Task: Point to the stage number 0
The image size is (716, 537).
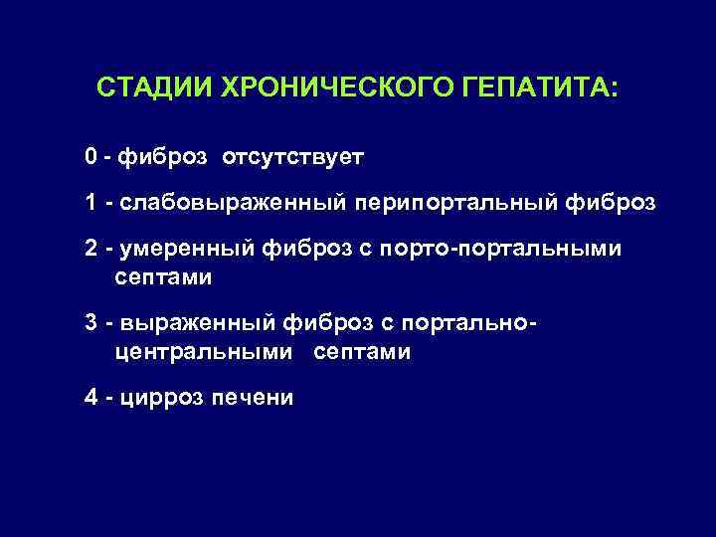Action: (x=90, y=157)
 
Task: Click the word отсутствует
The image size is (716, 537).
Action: (x=293, y=157)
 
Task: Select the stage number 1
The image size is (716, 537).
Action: (x=90, y=203)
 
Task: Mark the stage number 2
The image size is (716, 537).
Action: (x=90, y=249)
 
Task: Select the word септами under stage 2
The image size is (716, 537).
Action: (x=163, y=277)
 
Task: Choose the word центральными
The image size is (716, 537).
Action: (x=204, y=352)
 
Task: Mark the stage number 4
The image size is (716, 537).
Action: (x=90, y=398)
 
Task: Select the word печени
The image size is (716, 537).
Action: (x=253, y=398)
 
